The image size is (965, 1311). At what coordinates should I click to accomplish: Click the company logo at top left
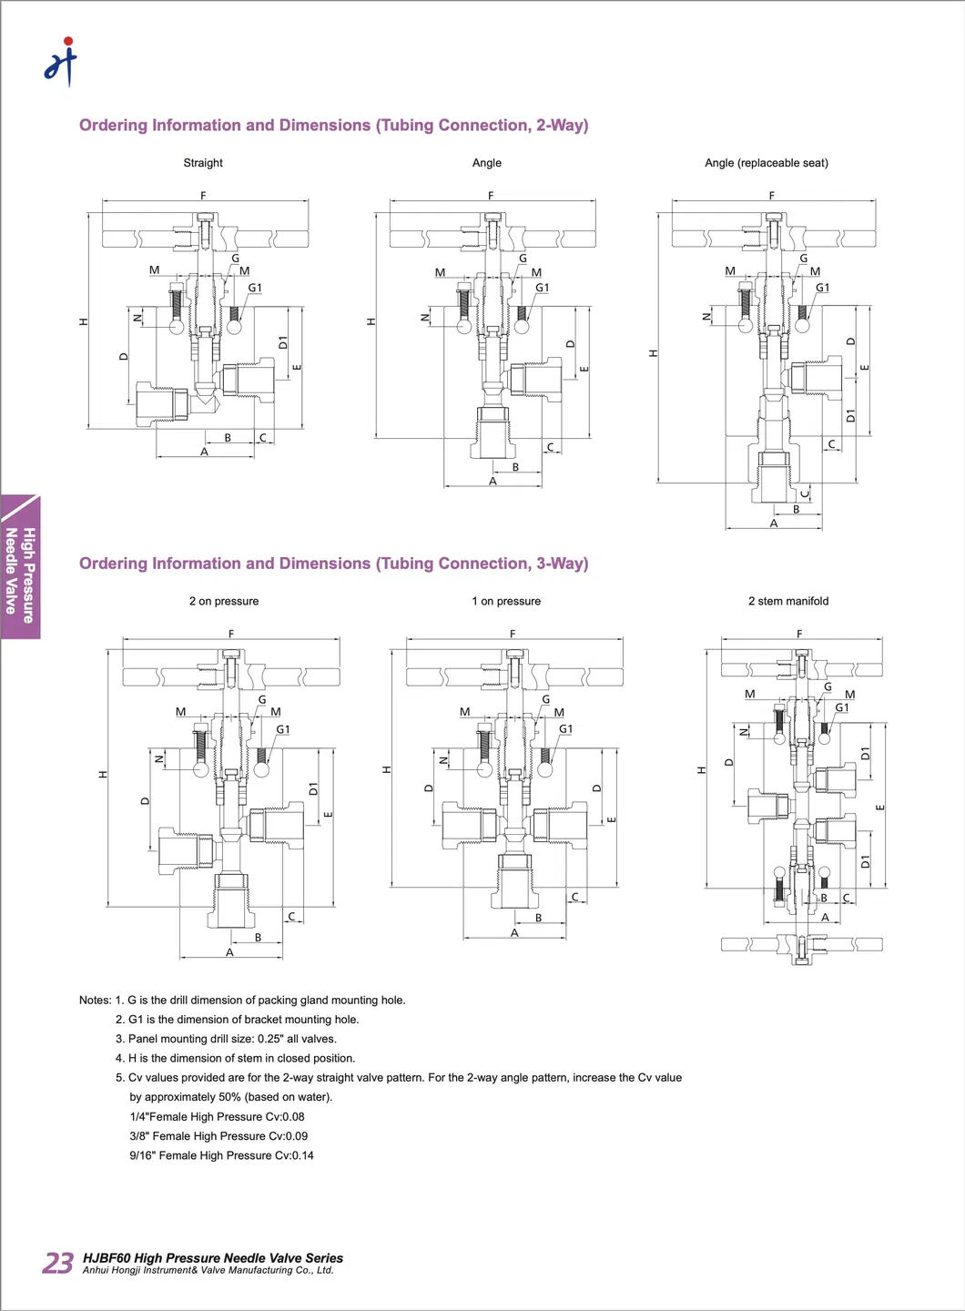[x=61, y=62]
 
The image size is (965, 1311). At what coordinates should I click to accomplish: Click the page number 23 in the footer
[x=58, y=1263]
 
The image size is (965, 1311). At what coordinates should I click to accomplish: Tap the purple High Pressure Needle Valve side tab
[x=20, y=569]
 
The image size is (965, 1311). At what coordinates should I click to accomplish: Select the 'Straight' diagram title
[x=203, y=163]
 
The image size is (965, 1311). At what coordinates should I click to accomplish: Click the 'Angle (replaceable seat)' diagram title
[x=766, y=163]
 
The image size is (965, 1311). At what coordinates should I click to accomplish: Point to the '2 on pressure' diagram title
[x=224, y=601]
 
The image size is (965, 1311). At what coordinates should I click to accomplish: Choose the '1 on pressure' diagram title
[x=506, y=601]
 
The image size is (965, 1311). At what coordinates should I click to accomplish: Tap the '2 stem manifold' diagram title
[x=788, y=601]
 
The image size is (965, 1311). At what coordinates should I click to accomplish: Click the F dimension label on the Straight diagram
[x=203, y=196]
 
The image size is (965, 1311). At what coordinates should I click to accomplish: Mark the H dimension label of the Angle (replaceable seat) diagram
[x=653, y=352]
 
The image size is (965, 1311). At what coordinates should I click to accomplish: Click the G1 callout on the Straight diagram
[x=255, y=288]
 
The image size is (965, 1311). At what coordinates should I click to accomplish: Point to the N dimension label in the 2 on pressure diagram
[x=159, y=758]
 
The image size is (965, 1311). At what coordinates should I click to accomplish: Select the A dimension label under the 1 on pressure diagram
[x=514, y=933]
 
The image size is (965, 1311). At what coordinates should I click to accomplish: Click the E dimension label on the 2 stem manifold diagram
[x=880, y=808]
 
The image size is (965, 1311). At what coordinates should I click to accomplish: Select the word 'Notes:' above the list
[x=95, y=1000]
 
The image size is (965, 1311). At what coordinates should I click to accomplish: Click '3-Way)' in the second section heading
[x=562, y=564]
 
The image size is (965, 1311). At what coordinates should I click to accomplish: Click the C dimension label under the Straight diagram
[x=263, y=438]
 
